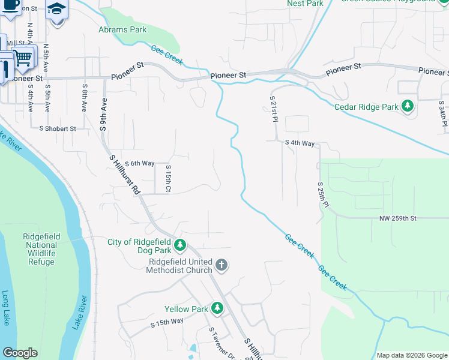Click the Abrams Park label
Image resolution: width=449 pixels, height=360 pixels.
coord(122,29)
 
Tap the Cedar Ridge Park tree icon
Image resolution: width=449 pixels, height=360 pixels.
coord(408,107)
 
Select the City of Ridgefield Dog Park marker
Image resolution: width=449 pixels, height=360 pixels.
coord(180,245)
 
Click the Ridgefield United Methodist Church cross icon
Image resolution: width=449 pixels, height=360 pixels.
coord(221,265)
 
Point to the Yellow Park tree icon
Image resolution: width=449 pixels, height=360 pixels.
coord(217,309)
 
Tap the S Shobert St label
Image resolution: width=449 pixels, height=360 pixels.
coord(58,128)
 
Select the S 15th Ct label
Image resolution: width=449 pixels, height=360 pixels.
coord(169,179)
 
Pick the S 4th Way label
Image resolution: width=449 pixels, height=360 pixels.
coord(300,143)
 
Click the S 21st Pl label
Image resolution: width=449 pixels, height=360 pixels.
coord(273,107)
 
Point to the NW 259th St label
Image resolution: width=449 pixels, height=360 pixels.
coord(397,218)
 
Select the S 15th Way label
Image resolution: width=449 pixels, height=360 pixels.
coord(167,323)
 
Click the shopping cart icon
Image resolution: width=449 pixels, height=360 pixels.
coord(23,58)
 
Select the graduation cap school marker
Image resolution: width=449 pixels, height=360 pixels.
coord(57,10)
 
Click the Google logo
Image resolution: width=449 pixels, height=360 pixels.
coord(20,353)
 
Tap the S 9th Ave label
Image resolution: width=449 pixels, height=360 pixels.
coord(103,115)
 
